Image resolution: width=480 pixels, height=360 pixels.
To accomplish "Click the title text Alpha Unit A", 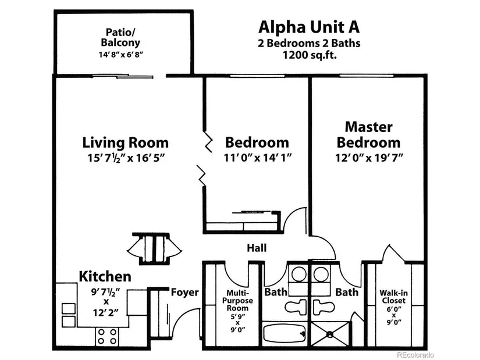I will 308,27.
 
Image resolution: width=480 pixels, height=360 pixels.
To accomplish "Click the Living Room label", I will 126,142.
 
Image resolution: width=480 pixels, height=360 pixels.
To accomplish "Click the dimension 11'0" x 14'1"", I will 257,158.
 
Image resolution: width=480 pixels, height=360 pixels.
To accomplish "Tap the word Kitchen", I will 105,276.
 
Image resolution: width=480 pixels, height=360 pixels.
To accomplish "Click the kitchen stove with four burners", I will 107,336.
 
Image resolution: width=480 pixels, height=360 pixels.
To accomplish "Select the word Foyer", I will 184,293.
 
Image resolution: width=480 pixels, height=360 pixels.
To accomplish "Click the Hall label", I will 256,248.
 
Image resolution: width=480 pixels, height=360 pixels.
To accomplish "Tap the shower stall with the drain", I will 329,334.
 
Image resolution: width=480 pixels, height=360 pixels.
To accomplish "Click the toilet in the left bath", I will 296,304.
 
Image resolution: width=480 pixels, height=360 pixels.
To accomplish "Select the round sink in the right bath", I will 320,273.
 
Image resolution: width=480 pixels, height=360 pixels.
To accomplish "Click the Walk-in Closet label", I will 393,297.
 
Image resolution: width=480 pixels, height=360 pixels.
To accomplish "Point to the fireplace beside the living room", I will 152,248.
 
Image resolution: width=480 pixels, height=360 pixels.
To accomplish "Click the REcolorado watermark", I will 415,354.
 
